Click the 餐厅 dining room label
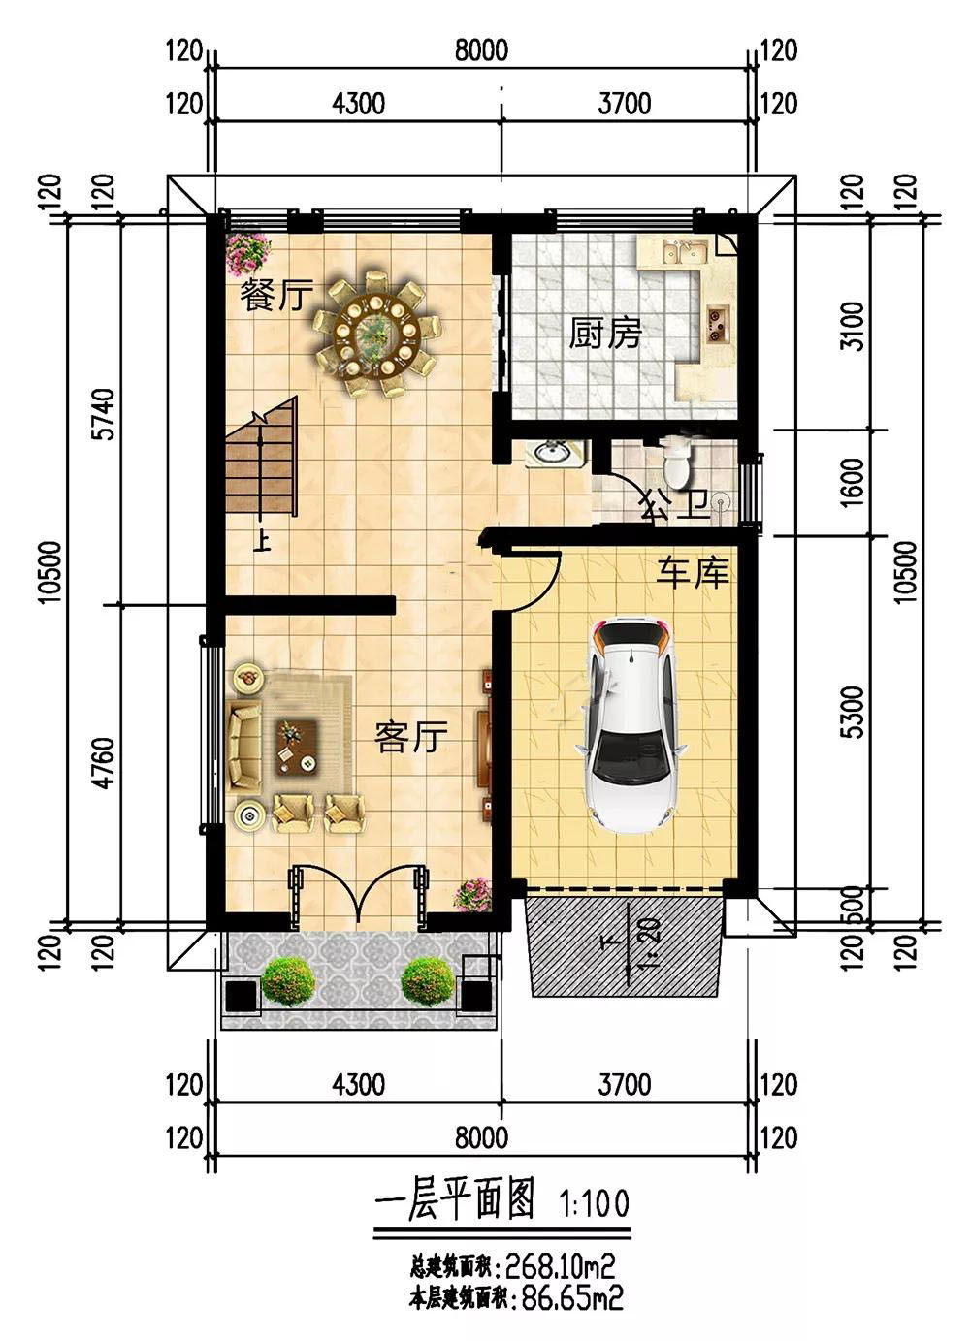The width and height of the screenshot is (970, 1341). click(276, 295)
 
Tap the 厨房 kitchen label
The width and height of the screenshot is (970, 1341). click(604, 333)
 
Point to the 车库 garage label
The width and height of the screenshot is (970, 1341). click(693, 573)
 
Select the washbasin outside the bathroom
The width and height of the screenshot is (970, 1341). click(554, 452)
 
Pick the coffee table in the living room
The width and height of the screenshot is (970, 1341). click(297, 748)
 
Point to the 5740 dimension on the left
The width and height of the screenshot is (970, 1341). click(106, 414)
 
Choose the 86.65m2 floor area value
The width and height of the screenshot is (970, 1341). click(572, 1311)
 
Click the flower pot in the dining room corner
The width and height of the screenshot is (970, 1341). click(248, 254)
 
